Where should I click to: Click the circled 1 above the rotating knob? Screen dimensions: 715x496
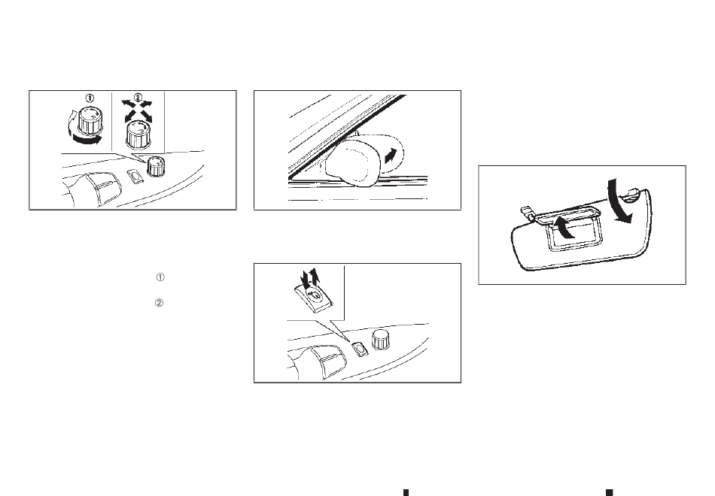[90, 98]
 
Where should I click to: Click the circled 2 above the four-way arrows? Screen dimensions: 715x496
[138, 97]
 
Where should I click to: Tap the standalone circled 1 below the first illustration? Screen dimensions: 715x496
[160, 277]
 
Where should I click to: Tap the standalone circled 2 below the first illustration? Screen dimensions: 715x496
[159, 303]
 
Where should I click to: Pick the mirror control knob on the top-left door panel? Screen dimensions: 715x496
[156, 166]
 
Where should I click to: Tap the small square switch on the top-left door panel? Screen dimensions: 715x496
[135, 177]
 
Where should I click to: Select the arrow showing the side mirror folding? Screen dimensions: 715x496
[391, 156]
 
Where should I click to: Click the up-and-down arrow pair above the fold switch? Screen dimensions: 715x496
[309, 278]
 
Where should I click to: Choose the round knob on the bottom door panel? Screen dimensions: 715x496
[381, 340]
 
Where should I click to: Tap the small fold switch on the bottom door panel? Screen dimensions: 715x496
[360, 349]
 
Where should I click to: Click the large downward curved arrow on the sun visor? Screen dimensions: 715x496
[621, 201]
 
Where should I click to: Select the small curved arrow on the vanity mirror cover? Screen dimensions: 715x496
[562, 227]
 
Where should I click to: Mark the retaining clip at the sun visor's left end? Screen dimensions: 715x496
[528, 213]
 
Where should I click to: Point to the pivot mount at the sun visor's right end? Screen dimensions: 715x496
[634, 195]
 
